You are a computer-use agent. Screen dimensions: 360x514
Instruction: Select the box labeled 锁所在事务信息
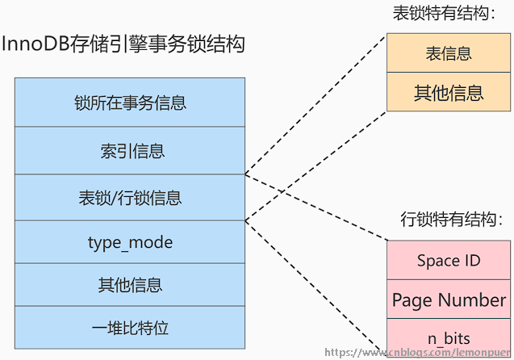[x=130, y=103]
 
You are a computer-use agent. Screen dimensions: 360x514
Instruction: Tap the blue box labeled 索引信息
[x=130, y=150]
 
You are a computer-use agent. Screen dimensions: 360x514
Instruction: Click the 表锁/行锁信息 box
[x=130, y=197]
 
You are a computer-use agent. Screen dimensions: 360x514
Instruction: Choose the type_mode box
[x=130, y=243]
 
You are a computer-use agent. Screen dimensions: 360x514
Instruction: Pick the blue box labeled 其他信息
[x=130, y=285]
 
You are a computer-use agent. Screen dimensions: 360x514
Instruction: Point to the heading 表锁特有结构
[x=443, y=15]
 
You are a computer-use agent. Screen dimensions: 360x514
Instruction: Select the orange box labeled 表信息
[x=448, y=54]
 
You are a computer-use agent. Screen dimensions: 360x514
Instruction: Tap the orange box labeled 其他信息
[x=448, y=92]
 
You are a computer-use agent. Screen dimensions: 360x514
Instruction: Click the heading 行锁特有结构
[x=447, y=219]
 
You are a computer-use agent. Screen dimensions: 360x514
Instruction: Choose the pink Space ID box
[x=448, y=260]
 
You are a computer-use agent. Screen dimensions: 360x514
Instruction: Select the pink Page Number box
[x=448, y=299]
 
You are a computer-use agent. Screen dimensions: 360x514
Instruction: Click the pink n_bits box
[x=448, y=338]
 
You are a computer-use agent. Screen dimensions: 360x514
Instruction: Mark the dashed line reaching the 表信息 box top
[x=315, y=105]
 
